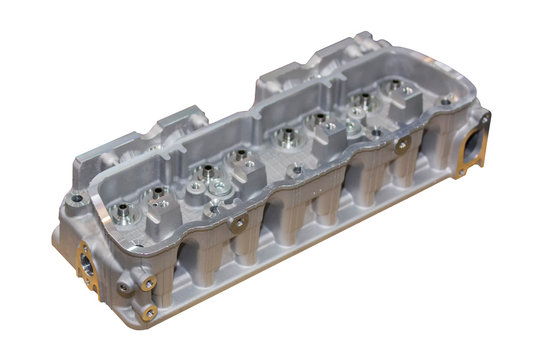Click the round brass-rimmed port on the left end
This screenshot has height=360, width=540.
coord(86,262)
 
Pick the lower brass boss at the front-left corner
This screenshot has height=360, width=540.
coord(148,312)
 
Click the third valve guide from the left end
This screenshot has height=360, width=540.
coord(205,172)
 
